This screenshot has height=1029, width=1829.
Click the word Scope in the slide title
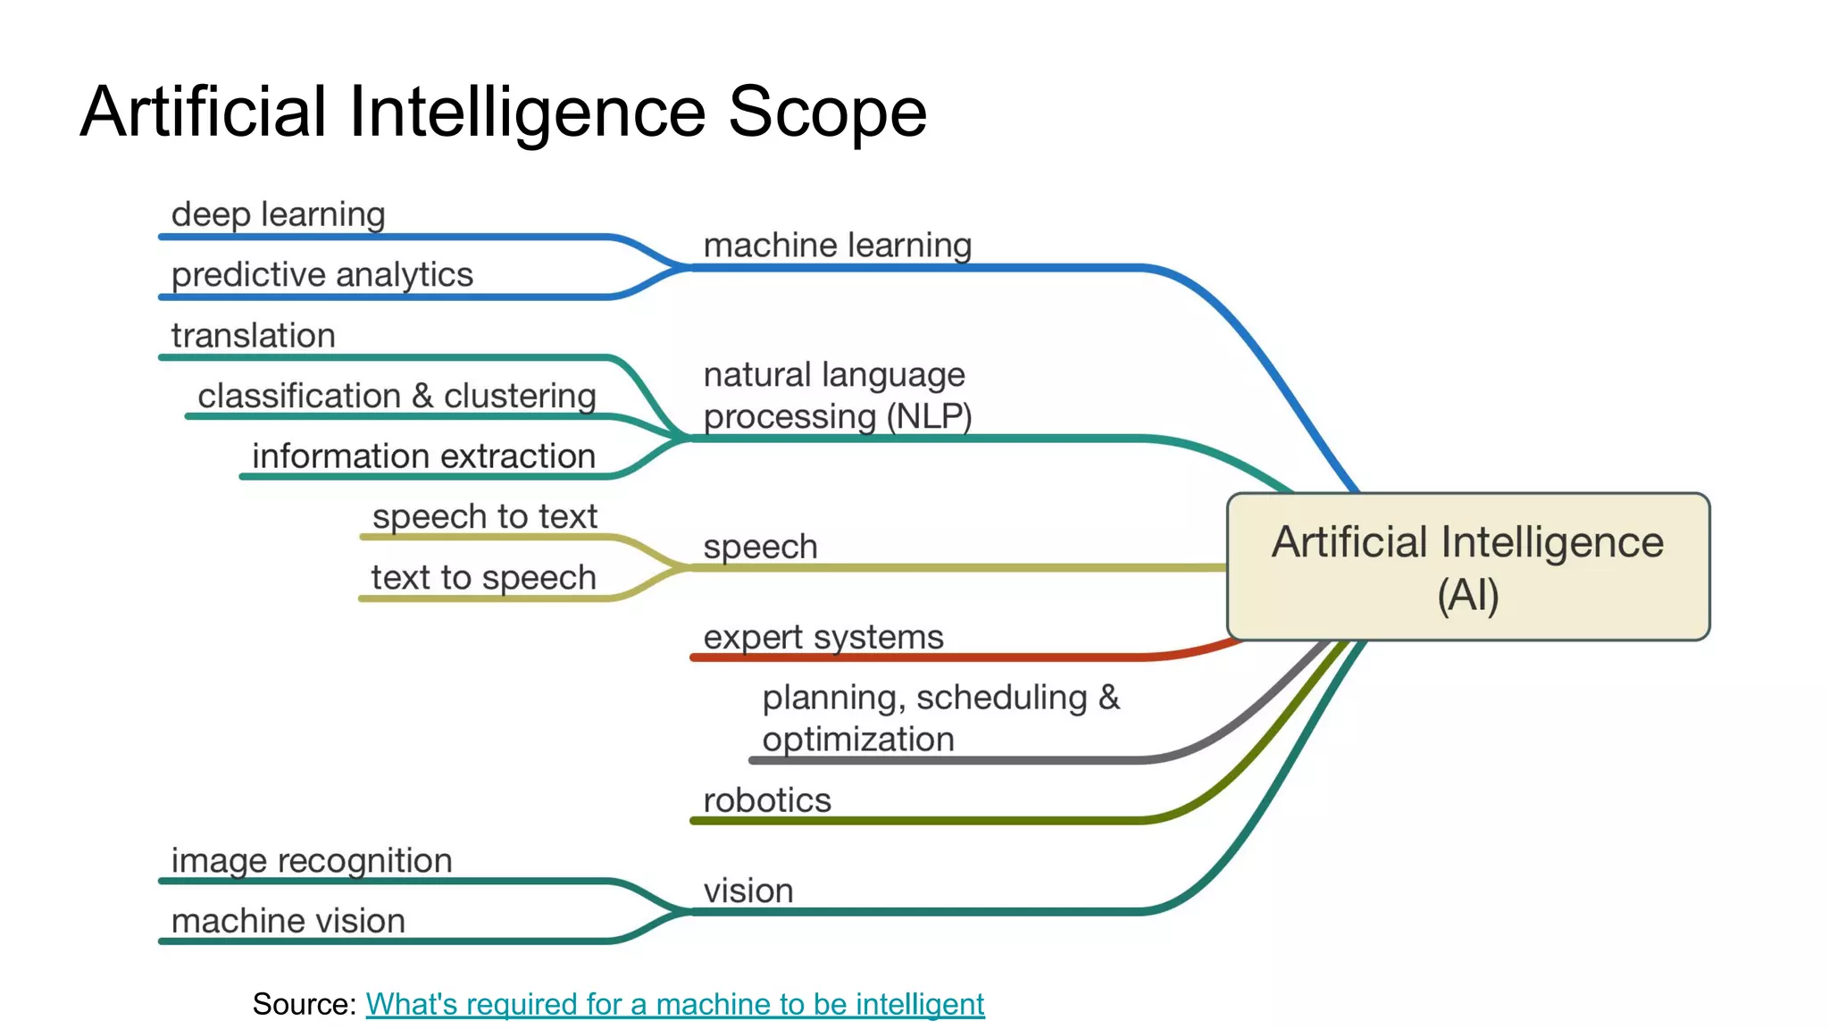coord(827,113)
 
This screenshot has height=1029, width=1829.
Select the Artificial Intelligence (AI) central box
coord(1467,566)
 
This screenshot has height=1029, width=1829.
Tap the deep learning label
coord(278,214)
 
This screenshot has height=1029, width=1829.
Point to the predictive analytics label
coord(322,275)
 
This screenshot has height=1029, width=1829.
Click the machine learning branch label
coord(837,246)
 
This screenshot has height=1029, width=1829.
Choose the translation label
coord(253,336)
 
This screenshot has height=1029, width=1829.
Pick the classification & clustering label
coord(397,396)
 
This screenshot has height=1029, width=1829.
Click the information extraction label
coord(423,456)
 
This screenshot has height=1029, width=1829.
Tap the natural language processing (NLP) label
coord(837,396)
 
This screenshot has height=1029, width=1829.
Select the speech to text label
coord(484,516)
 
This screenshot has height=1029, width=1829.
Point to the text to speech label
coord(483,578)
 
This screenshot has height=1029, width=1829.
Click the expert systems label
coord(823,638)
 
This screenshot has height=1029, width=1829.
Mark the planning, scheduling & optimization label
coord(940,718)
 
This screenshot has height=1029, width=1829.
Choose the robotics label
coord(766,800)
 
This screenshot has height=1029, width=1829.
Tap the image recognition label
coord(311,861)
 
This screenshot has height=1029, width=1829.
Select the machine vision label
coord(288,921)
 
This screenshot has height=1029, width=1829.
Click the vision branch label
coord(747,891)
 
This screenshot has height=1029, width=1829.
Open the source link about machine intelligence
coord(674,1004)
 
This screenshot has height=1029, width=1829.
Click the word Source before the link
coord(303,1004)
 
